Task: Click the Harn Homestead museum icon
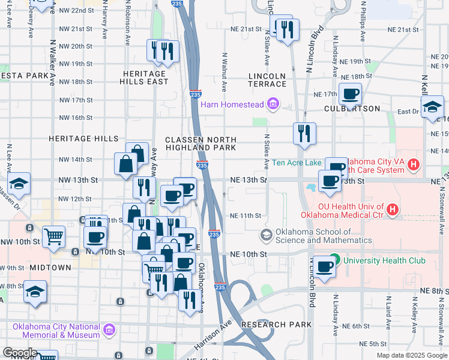274,105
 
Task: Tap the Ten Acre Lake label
297,163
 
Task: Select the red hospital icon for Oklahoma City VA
413,164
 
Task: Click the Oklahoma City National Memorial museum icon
109,329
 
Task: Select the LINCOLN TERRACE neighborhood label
267,80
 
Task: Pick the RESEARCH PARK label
276,325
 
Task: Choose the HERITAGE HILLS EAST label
145,77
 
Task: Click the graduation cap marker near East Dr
432,108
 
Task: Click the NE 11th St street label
246,215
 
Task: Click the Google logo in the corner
19,353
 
